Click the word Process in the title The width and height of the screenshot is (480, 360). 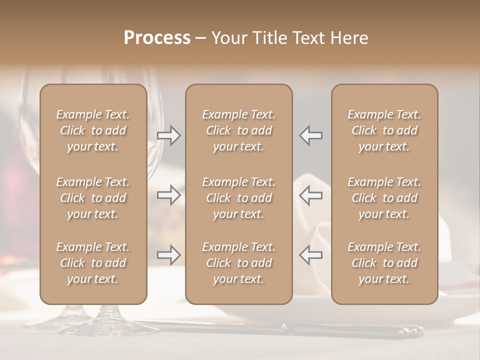[157, 38]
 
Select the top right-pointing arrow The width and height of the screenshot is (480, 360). [169, 135]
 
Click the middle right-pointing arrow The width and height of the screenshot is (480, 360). [169, 195]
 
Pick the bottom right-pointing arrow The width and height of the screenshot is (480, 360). [169, 255]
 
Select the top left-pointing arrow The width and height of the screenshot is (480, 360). [310, 135]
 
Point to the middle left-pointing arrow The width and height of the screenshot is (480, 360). [310, 195]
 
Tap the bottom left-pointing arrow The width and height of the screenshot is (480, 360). [310, 255]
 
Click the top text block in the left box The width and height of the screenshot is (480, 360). [93, 130]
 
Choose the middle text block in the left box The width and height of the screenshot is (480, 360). [93, 198]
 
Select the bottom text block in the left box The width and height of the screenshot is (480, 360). [93, 263]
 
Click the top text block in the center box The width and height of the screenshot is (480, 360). [239, 130]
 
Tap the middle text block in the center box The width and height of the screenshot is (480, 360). [239, 198]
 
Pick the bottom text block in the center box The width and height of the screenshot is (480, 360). [239, 263]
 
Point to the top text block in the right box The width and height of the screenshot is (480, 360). [384, 130]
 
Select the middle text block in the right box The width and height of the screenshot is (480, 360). [384, 198]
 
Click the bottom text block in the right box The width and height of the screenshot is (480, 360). [384, 263]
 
